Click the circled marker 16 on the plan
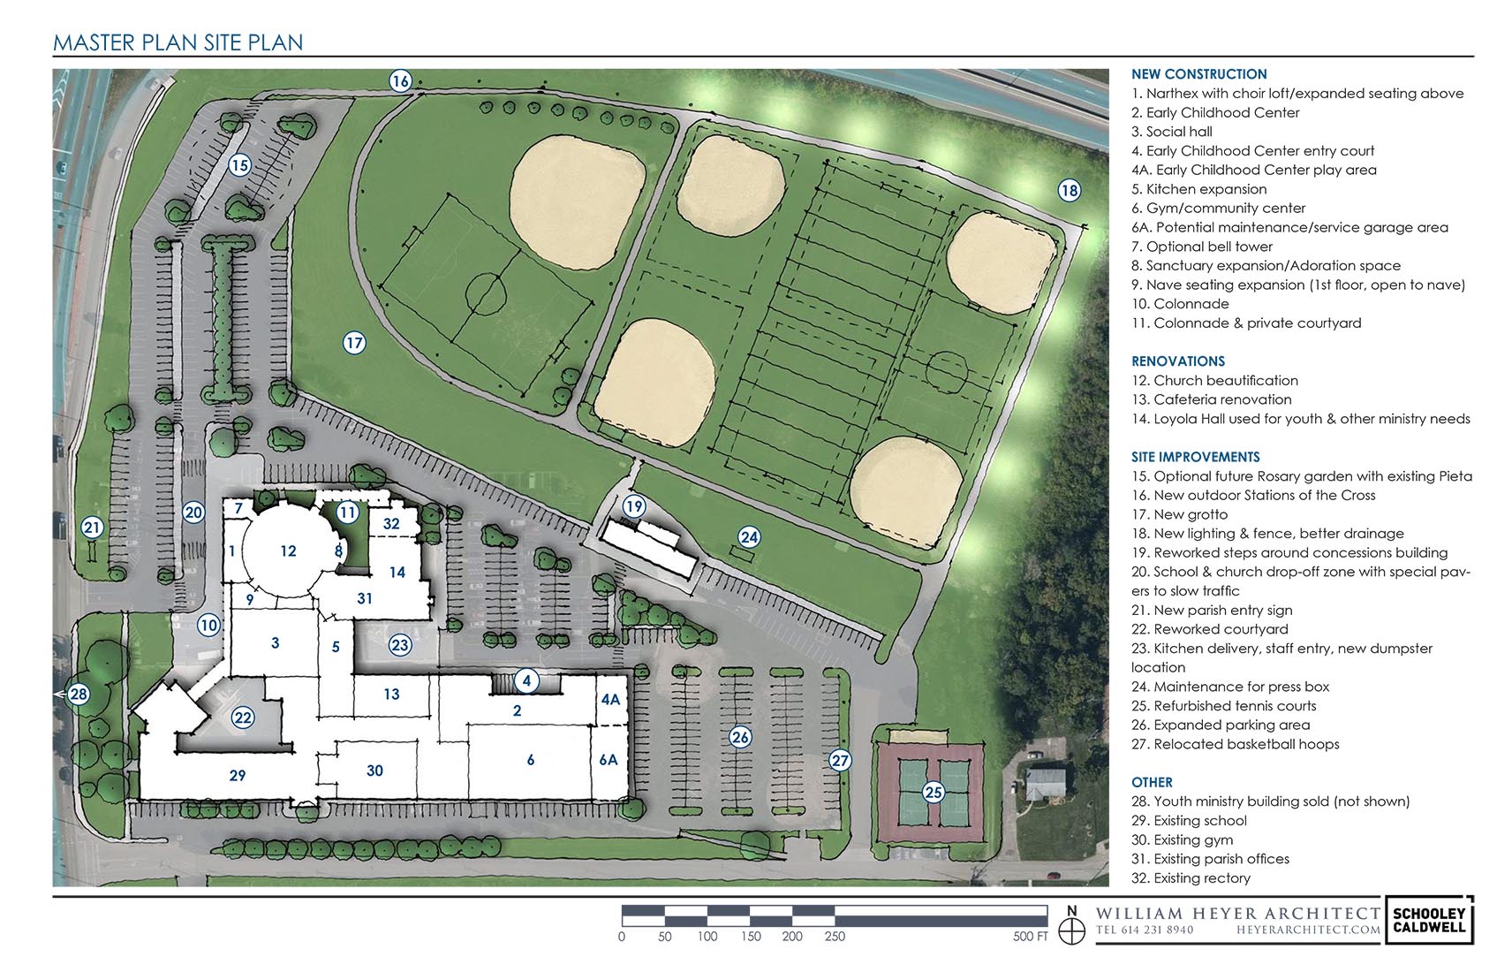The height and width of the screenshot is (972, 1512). (400, 81)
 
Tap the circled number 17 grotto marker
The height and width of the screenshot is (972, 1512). (353, 343)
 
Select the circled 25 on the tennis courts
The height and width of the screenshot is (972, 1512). (933, 792)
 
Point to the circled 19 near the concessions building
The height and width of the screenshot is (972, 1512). (633, 506)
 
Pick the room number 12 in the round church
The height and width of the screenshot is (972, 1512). (288, 551)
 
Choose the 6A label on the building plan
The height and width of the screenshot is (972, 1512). (609, 760)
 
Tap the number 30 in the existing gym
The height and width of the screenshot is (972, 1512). (374, 771)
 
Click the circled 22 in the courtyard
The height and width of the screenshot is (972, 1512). (243, 718)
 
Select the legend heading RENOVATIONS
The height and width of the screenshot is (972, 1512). (1178, 361)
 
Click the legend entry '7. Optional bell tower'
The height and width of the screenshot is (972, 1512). (1202, 247)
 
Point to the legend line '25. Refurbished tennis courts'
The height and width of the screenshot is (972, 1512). (1224, 706)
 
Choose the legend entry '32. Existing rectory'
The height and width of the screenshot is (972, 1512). (1191, 878)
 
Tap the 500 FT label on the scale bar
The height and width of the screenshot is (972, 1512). (1030, 937)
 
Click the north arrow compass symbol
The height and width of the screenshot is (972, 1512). (1071, 926)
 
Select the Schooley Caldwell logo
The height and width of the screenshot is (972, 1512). (1429, 919)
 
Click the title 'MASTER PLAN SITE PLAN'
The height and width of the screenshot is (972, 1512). (178, 42)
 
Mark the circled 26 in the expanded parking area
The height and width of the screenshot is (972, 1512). (740, 737)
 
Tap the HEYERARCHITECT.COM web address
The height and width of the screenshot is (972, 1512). (1308, 930)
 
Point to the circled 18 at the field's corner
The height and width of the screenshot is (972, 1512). (1069, 191)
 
